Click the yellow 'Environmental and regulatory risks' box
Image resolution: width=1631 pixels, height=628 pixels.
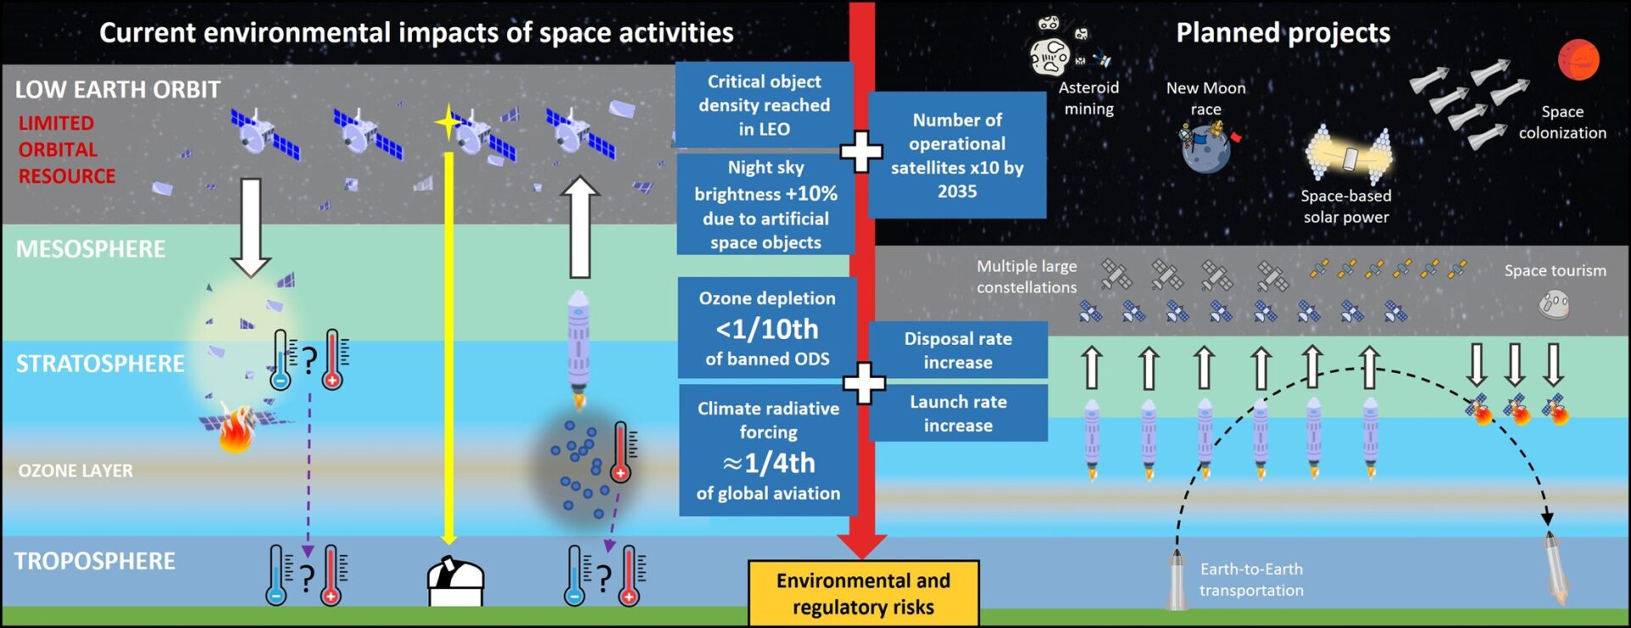pyautogui.click(x=863, y=593)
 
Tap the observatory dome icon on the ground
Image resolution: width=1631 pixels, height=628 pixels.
pyautogui.click(x=455, y=581)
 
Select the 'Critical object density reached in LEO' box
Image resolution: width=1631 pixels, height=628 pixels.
pyautogui.click(x=764, y=105)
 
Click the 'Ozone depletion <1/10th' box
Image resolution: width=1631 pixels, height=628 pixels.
pyautogui.click(x=766, y=328)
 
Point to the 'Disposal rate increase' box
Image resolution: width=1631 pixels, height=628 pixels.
pyautogui.click(x=957, y=350)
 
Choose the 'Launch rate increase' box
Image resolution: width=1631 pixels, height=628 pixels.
pyautogui.click(x=957, y=413)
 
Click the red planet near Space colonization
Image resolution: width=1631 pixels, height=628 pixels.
pyautogui.click(x=1578, y=59)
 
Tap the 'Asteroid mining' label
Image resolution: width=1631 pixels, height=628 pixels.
pyautogui.click(x=1088, y=98)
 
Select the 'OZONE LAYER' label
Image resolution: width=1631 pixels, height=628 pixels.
pyautogui.click(x=76, y=471)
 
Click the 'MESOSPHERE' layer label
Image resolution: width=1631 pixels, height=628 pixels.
pyautogui.click(x=91, y=249)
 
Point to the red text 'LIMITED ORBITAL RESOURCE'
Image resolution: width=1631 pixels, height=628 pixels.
pyautogui.click(x=66, y=150)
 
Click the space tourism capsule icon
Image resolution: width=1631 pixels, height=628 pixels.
pyautogui.click(x=1554, y=304)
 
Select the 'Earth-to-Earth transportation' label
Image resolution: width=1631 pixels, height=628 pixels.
pyautogui.click(x=1250, y=580)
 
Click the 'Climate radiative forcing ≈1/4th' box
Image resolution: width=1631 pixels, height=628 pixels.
pyautogui.click(x=768, y=450)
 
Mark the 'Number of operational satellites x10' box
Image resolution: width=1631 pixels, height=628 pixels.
pyautogui.click(x=957, y=156)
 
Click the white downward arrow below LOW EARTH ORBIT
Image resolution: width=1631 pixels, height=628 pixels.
pyautogui.click(x=251, y=226)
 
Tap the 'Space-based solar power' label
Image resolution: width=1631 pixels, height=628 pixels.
pyautogui.click(x=1346, y=207)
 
